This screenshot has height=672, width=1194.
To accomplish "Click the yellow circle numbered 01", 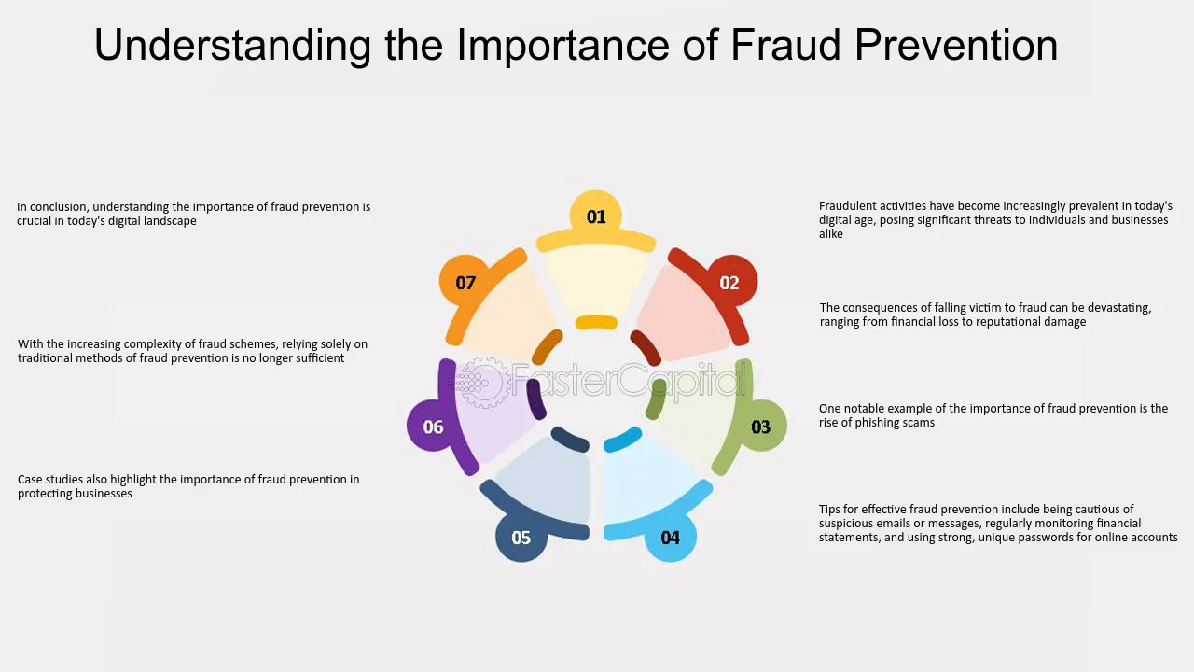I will pos(596,217).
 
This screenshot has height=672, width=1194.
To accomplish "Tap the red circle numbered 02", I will pos(729,282).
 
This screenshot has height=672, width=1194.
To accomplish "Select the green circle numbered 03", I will pos(760,427).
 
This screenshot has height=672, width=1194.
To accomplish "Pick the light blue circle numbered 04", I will pos(670,537).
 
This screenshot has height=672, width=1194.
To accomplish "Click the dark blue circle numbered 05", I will pos(521,537).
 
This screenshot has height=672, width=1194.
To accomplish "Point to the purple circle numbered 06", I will pos(433,427).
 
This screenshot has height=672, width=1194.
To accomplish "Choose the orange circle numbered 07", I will pos(465,282).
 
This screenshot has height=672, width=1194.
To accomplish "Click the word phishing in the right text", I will pos(876,423).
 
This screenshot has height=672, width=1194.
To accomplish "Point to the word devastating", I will pos(1117,308).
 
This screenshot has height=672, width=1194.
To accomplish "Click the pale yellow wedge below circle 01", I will pos(596,280).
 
